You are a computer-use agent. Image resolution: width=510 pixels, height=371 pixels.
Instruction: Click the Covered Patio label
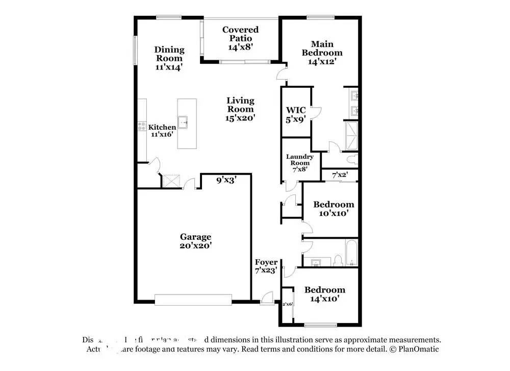click(240, 38)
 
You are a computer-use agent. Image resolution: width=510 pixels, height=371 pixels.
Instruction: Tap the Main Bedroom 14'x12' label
click(322, 52)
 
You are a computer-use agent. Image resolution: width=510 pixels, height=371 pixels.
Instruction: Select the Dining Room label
click(169, 58)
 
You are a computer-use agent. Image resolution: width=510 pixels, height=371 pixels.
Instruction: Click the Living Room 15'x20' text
click(240, 109)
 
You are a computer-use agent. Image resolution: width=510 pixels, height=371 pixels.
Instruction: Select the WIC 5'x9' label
click(296, 113)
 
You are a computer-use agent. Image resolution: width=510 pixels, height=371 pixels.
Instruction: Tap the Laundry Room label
click(299, 164)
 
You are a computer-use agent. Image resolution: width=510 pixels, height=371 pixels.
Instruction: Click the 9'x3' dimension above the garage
click(226, 180)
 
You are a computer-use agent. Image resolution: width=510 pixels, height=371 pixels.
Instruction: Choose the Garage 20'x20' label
click(195, 241)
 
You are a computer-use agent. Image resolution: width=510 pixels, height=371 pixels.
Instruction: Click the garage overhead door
click(193, 300)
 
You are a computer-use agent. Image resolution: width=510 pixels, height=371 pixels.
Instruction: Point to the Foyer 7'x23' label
click(266, 266)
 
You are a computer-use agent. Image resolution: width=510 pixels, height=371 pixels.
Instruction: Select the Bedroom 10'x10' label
click(334, 209)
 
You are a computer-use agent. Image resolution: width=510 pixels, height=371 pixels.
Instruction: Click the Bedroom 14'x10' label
click(324, 294)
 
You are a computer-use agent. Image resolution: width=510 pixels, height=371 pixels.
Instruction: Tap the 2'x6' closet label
click(287, 304)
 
